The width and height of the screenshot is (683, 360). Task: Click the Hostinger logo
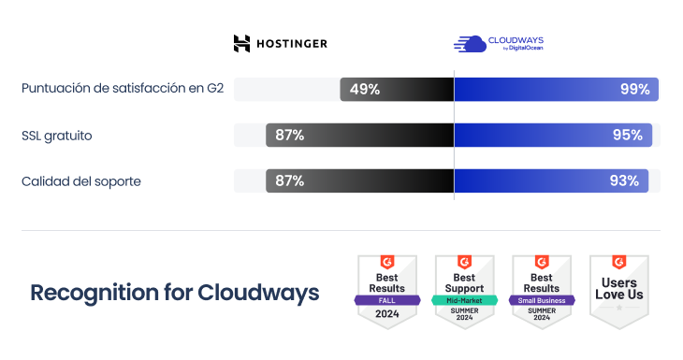coord(280,43)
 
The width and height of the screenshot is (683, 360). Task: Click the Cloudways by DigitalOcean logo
coord(498,43)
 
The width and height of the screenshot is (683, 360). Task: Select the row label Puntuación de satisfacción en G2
coord(123,90)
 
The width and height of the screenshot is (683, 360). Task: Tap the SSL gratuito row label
coord(56,136)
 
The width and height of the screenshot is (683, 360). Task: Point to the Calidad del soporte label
coord(80,181)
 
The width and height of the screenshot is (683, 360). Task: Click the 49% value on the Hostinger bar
coord(364,90)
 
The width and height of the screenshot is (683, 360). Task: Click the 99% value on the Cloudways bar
coord(634,90)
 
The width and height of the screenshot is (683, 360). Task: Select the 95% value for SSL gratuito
coord(627,136)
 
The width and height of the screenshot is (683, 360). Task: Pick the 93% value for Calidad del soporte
coord(624,181)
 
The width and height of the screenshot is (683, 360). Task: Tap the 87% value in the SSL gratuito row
coord(289,136)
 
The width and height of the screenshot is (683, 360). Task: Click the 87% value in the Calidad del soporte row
coord(289,181)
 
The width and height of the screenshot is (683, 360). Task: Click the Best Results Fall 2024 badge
coord(386,291)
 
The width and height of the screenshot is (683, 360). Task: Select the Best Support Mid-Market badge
coord(463,291)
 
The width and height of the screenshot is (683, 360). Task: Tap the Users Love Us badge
coord(618,291)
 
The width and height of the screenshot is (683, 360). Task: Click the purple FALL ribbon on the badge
coord(386,300)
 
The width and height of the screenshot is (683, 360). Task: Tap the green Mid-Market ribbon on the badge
coord(463,300)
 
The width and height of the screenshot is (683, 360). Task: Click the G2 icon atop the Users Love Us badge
coord(618,263)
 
